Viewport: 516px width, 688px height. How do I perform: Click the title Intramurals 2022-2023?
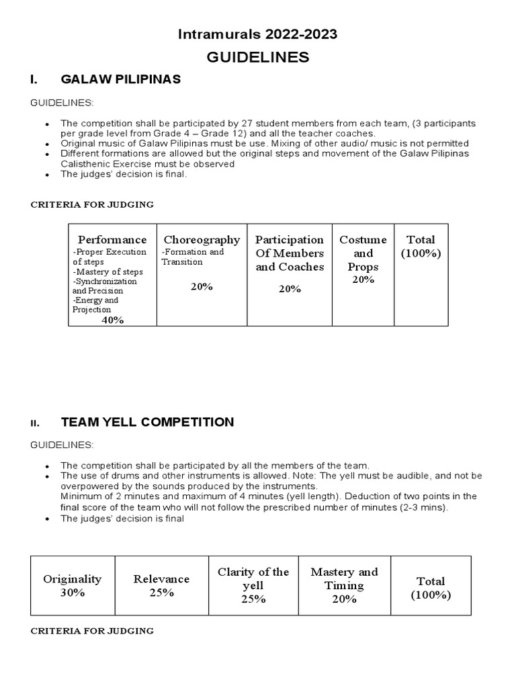(257, 34)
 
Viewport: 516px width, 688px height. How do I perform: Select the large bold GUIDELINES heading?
(257, 57)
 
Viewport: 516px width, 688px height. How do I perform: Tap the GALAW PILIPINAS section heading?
(121, 79)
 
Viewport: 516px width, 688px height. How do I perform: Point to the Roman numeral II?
(35, 423)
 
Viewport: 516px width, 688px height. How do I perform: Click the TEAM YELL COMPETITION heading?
(147, 422)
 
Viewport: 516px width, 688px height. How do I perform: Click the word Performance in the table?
(112, 240)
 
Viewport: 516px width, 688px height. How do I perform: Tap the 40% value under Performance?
(112, 320)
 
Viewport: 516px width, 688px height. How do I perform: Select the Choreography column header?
(202, 240)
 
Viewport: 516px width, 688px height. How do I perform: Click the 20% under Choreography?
(202, 286)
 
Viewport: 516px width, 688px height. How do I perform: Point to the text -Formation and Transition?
(193, 257)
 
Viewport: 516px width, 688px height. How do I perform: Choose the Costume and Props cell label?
(363, 253)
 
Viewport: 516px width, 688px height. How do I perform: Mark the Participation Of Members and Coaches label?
(290, 253)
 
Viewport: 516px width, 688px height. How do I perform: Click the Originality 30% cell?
(73, 585)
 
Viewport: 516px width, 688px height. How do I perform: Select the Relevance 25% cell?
(161, 585)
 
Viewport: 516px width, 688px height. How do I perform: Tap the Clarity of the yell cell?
(253, 585)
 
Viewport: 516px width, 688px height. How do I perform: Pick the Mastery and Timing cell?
(344, 585)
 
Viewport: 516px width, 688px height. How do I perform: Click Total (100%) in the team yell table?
(430, 588)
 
